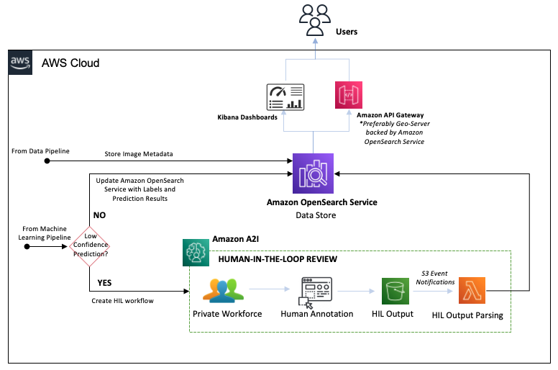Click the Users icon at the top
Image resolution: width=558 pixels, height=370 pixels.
314,19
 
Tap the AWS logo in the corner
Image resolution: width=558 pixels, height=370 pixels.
19,63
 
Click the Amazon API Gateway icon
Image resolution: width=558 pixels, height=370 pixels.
348,96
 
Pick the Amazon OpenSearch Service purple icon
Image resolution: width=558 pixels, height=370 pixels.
313,173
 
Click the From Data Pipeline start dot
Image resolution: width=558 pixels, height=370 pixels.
47,161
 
